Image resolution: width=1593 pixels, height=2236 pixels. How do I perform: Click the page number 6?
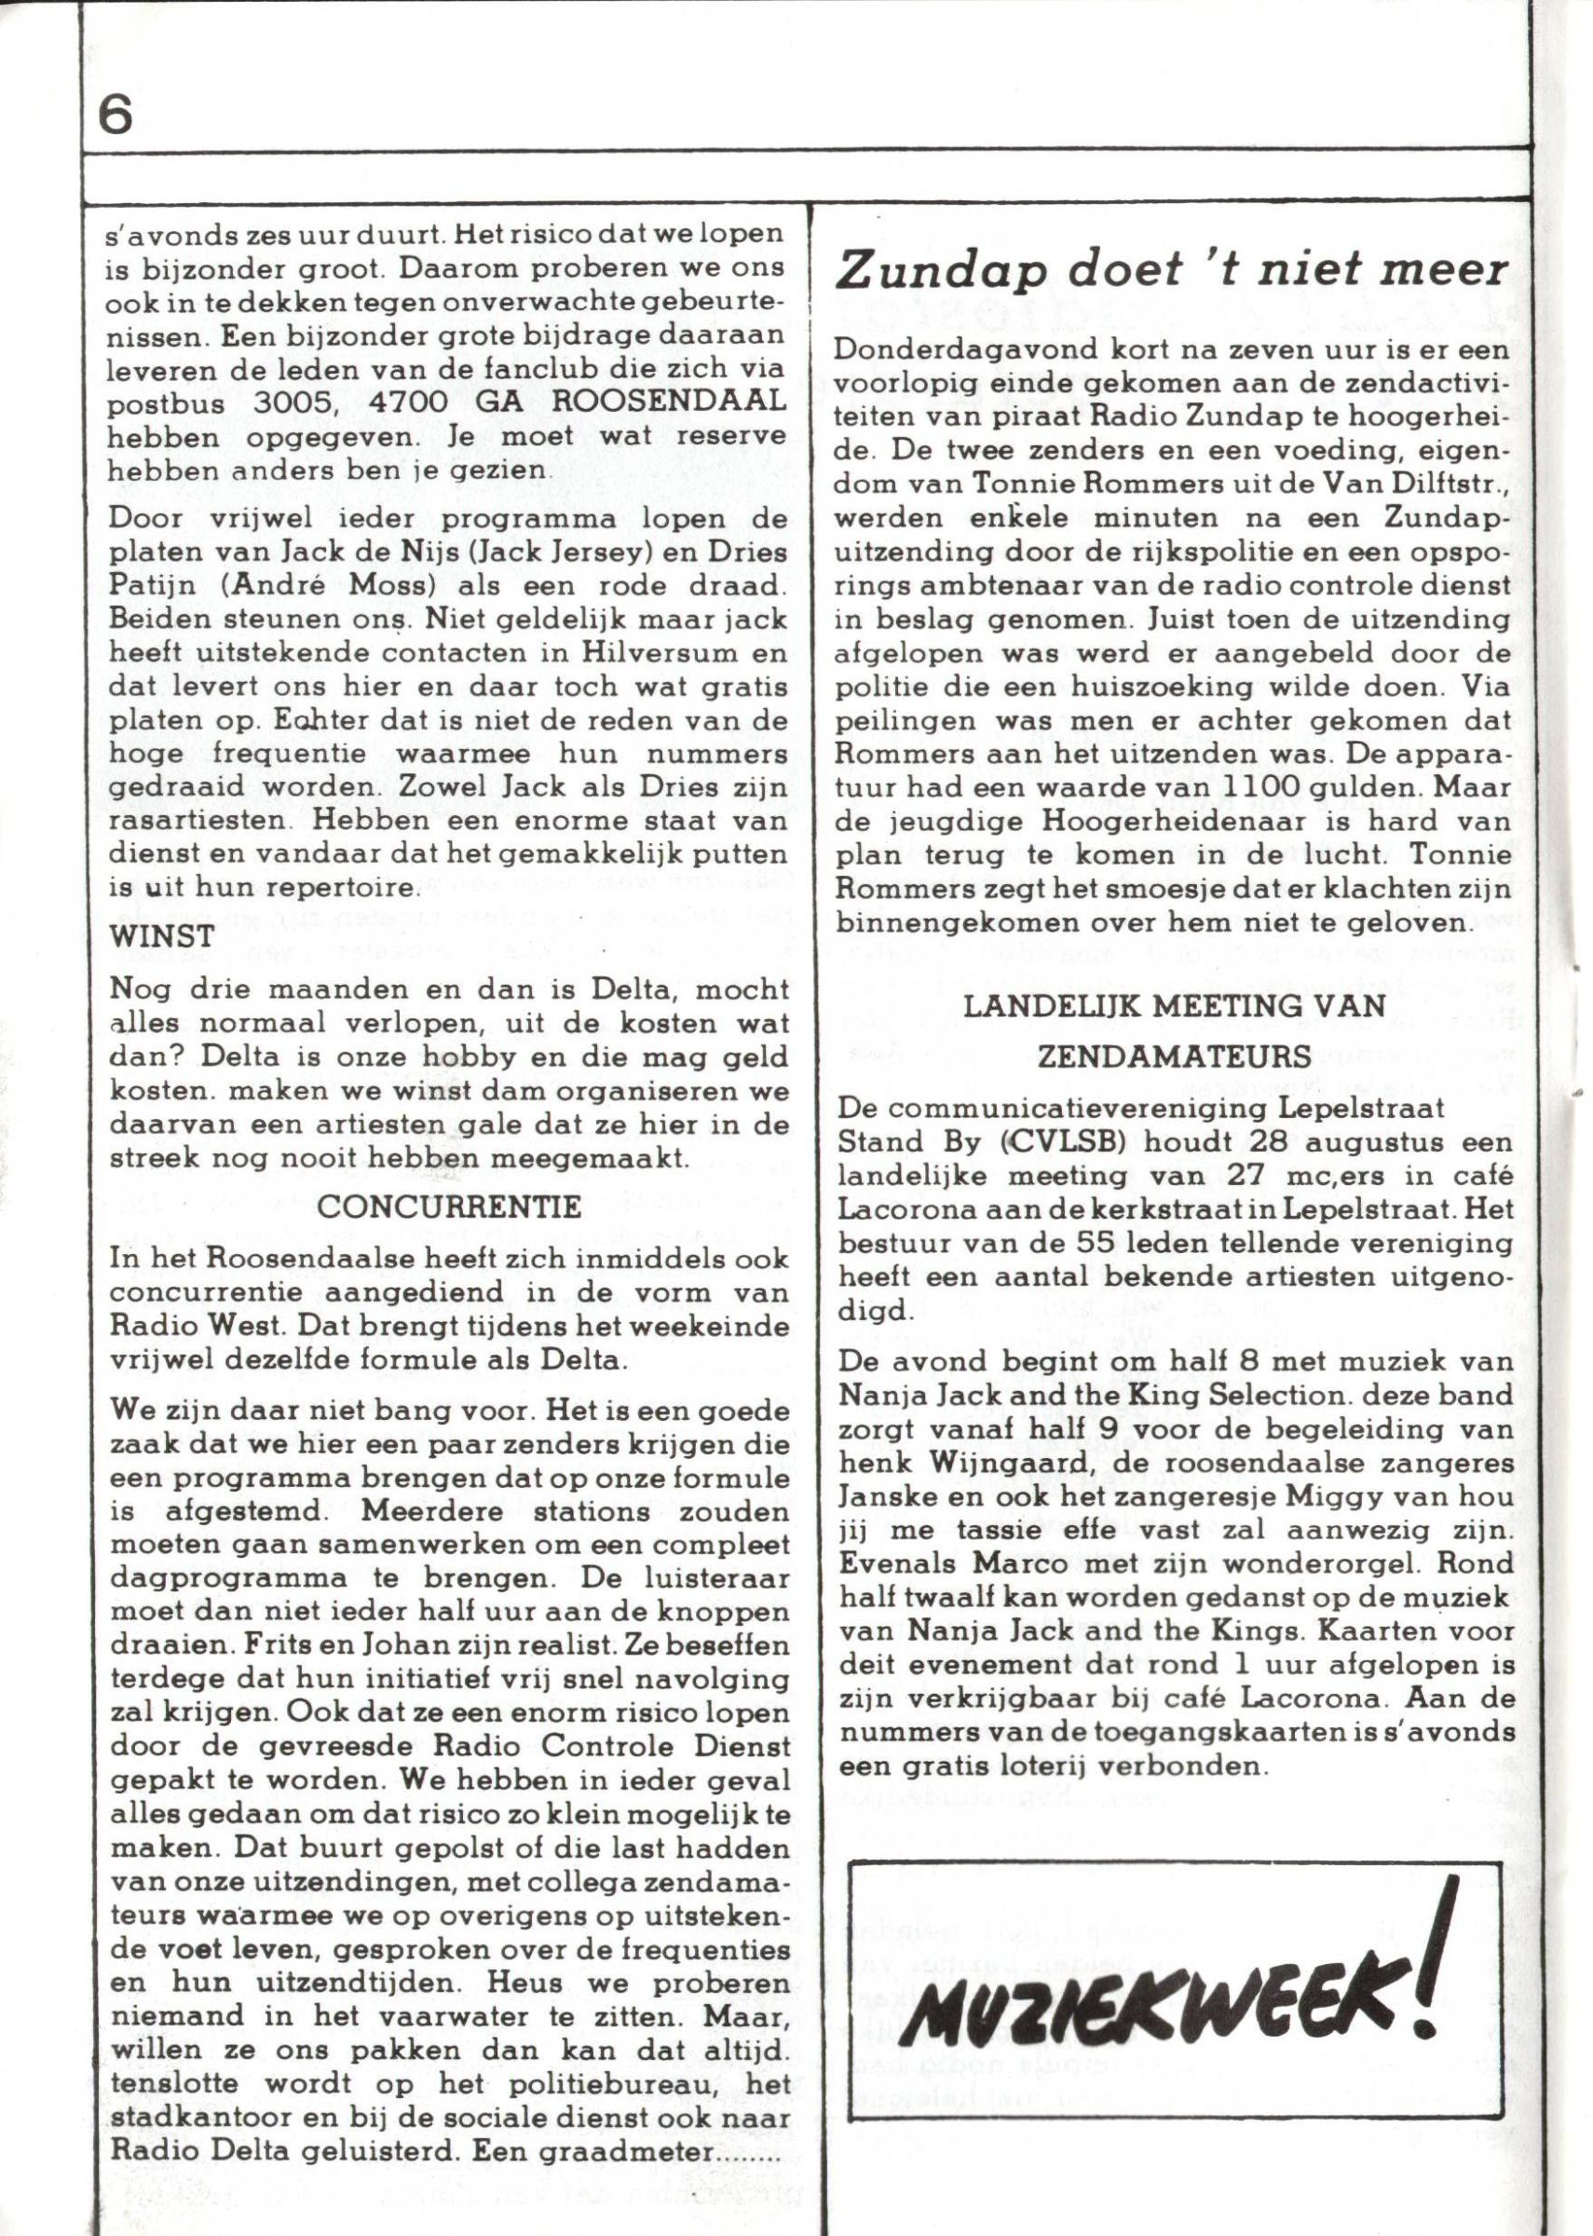pos(116,116)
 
